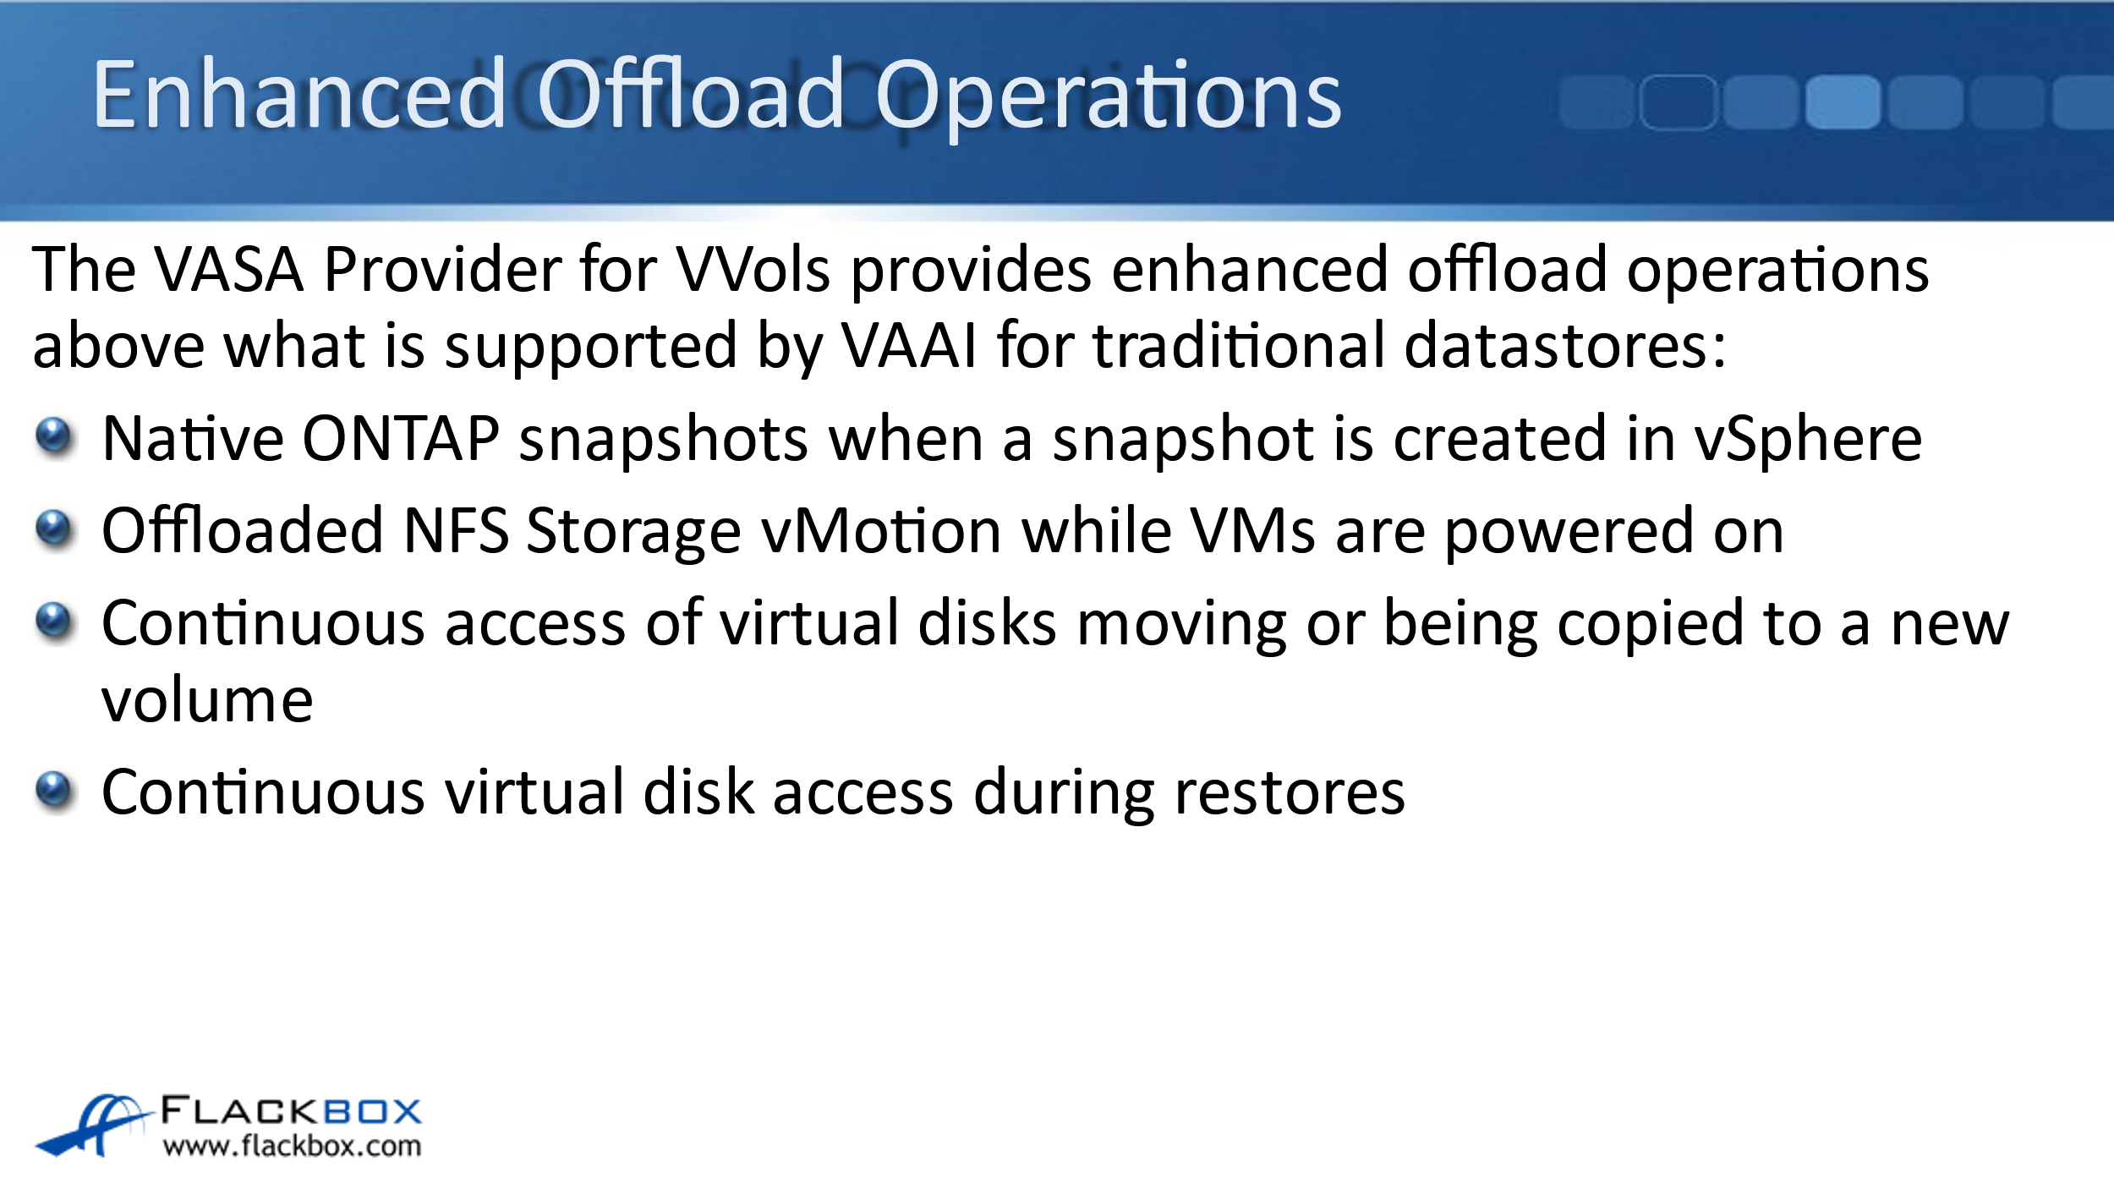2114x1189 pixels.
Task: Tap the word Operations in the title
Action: coord(1109,100)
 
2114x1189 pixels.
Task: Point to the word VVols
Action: coord(753,270)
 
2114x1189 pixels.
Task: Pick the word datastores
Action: coord(1564,346)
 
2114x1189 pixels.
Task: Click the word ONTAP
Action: coord(401,439)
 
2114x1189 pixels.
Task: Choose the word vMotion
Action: coord(882,531)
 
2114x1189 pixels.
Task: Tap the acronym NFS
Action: coord(457,531)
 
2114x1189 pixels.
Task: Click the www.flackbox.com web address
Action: coord(292,1147)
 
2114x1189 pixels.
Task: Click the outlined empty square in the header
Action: coord(1679,102)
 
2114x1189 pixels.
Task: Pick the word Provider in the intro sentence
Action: coord(442,270)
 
